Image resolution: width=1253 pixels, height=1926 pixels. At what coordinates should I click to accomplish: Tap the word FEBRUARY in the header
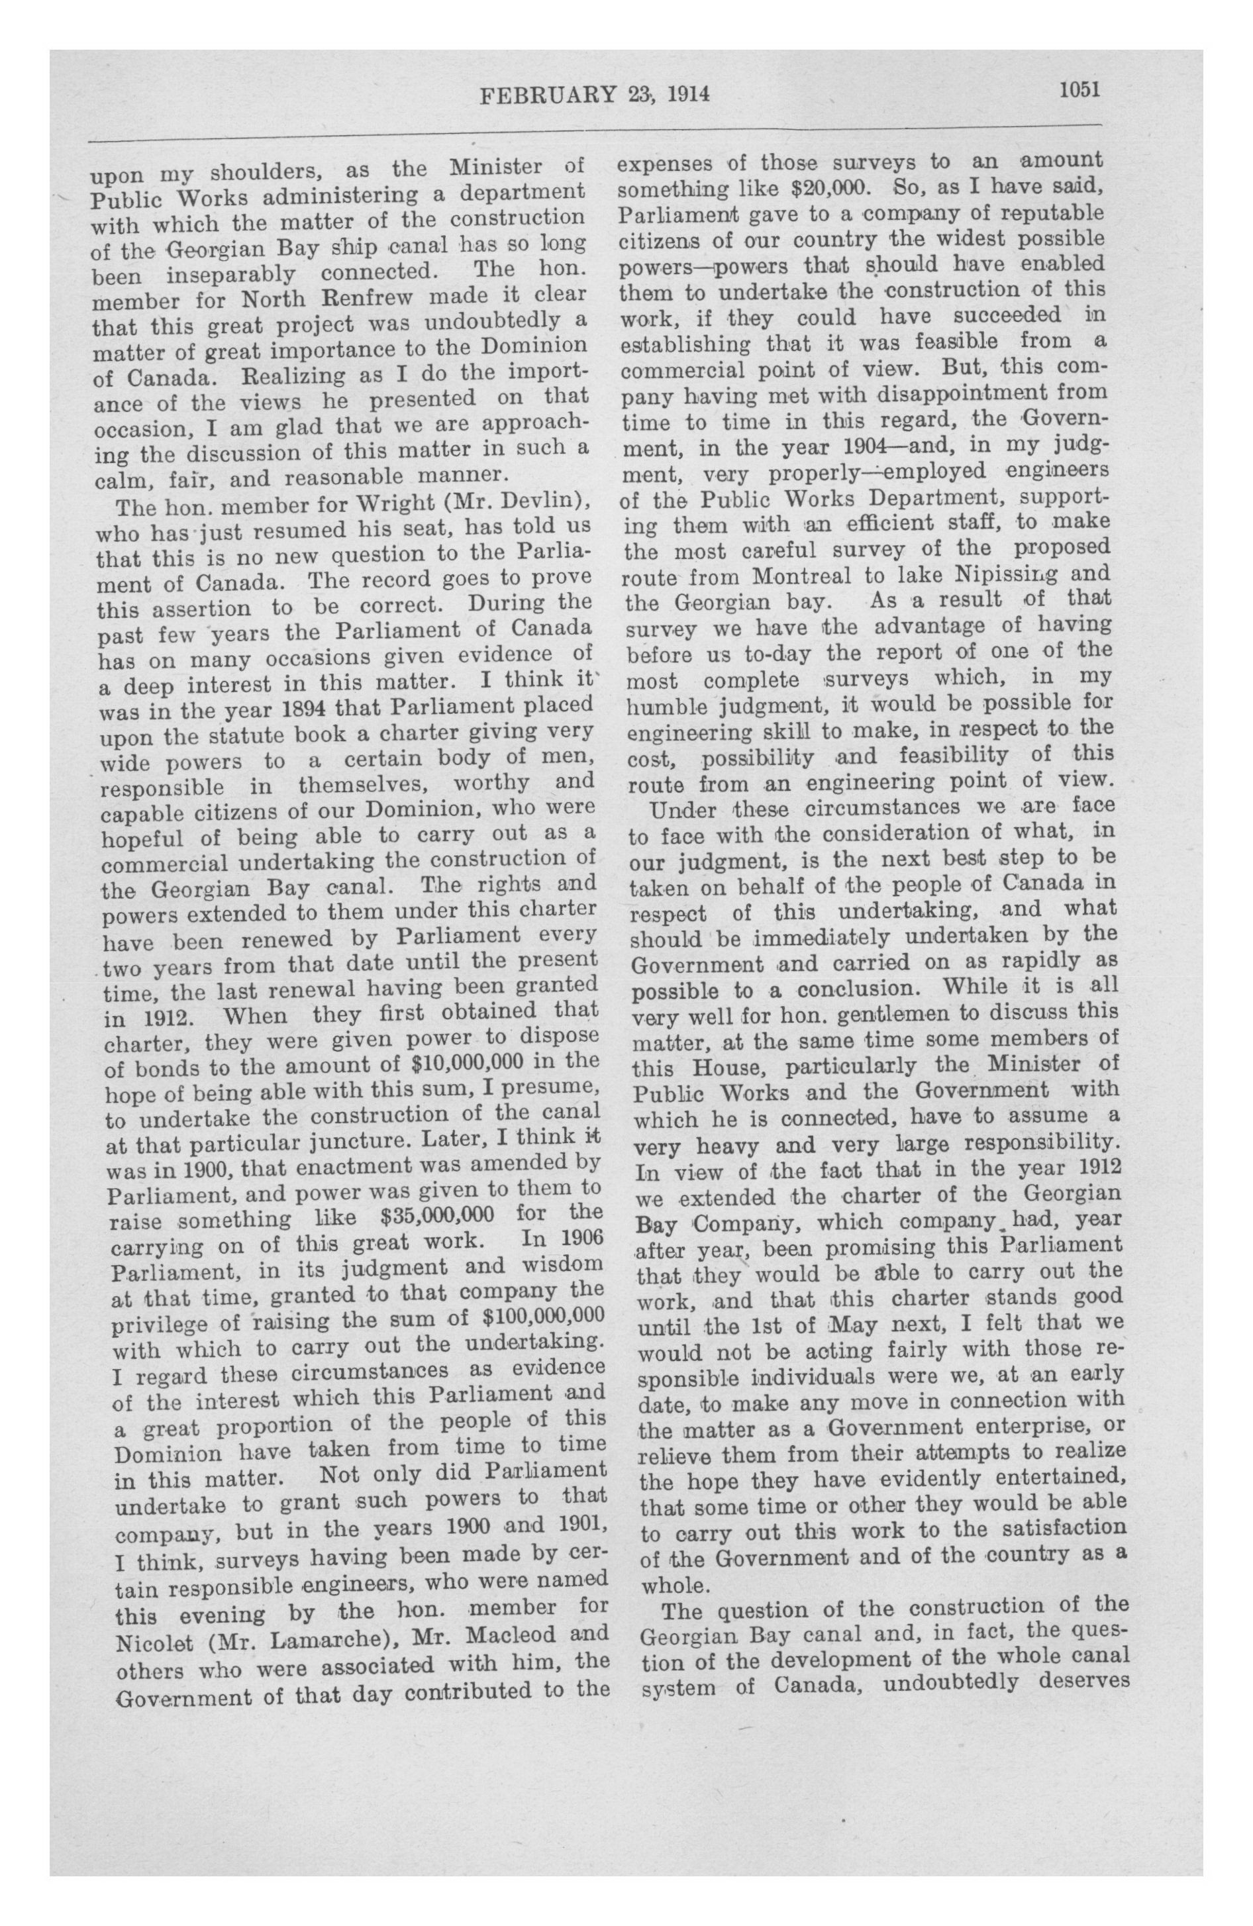[x=548, y=95]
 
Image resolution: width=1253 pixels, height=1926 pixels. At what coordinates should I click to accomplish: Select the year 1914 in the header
[x=688, y=95]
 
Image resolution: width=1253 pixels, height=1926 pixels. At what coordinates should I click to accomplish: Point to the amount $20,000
[x=830, y=189]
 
